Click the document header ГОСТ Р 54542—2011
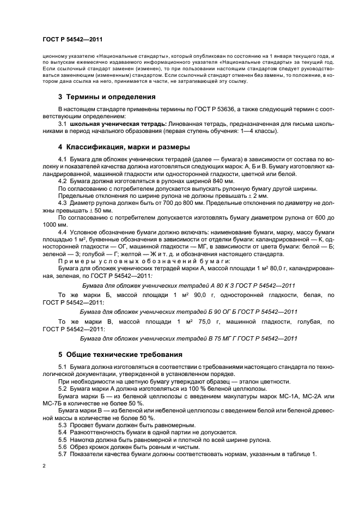tap(72, 39)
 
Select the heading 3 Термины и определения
tap(107, 97)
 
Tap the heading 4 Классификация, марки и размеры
tap(124, 147)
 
